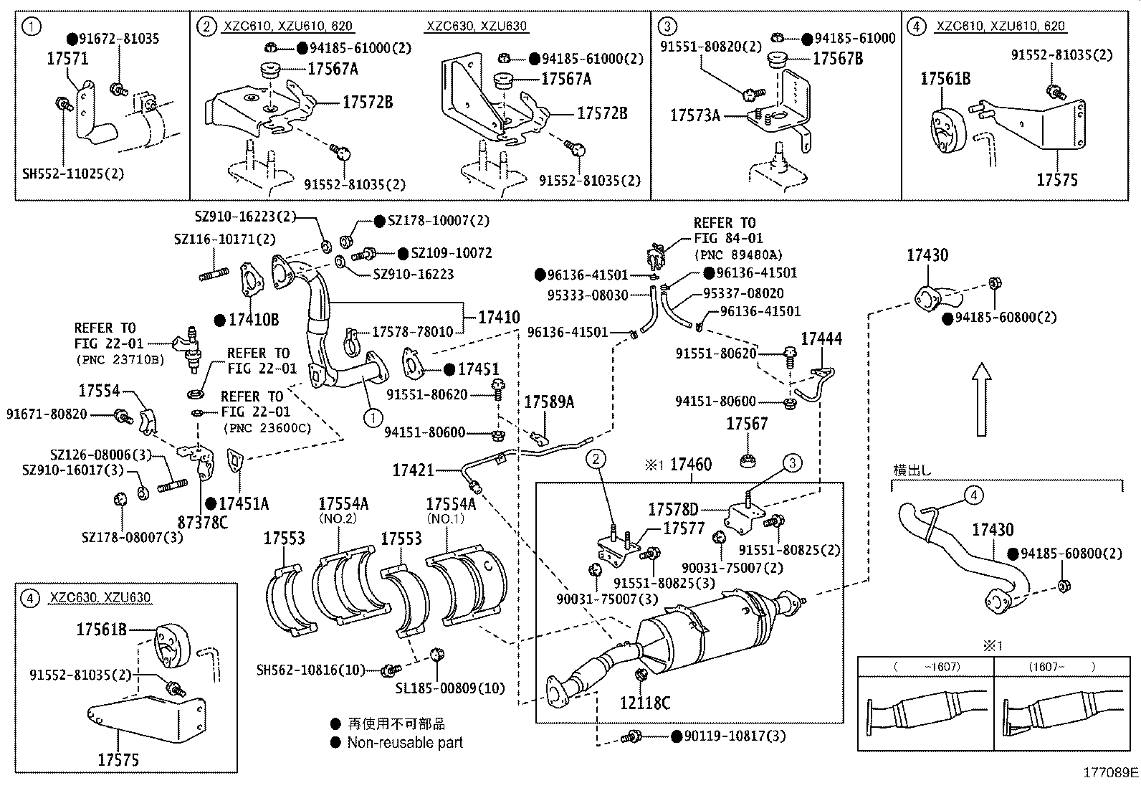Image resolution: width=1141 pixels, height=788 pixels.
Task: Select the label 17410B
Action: pyautogui.click(x=253, y=320)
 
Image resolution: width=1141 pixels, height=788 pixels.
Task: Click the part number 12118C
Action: pyautogui.click(x=645, y=703)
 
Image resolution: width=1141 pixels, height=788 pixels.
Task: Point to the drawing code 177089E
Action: pyautogui.click(x=1110, y=772)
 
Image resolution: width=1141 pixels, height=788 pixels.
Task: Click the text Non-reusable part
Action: pyautogui.click(x=405, y=743)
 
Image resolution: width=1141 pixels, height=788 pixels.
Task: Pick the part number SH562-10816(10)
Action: pyautogui.click(x=310, y=670)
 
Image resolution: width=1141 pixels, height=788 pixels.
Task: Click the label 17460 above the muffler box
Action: pyautogui.click(x=691, y=465)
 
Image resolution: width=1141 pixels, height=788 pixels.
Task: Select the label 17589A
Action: pyautogui.click(x=549, y=402)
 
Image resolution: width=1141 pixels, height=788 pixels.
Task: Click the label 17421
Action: pyautogui.click(x=413, y=470)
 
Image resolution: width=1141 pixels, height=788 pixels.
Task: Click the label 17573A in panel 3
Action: pyautogui.click(x=695, y=115)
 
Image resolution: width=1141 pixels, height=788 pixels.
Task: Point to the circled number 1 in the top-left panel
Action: pyautogui.click(x=32, y=27)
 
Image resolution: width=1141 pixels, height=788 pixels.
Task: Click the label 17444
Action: pyautogui.click(x=821, y=338)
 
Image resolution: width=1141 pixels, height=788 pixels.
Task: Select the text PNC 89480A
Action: pyautogui.click(x=737, y=255)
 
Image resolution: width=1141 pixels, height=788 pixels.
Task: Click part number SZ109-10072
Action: pyautogui.click(x=452, y=253)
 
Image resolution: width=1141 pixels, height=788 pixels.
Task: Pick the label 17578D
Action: pyautogui.click(x=673, y=509)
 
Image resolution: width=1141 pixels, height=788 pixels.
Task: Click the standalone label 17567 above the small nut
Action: pyautogui.click(x=746, y=424)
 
